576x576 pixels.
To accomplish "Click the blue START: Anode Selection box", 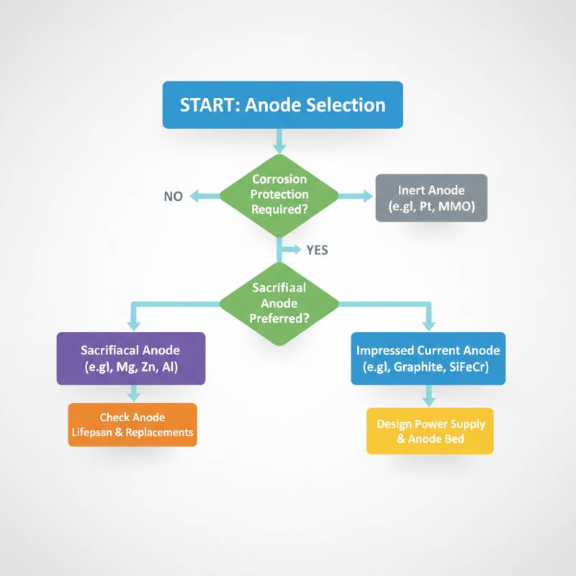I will pyautogui.click(x=282, y=105).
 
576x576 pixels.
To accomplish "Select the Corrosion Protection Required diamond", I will pyautogui.click(x=279, y=194).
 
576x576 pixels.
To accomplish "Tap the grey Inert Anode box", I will pyautogui.click(x=431, y=198).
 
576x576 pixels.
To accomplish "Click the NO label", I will pyautogui.click(x=174, y=196).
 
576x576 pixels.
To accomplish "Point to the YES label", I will pyautogui.click(x=317, y=251).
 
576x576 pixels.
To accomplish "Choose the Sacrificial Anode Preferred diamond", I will pyautogui.click(x=279, y=302).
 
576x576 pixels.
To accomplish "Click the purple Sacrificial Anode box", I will pyautogui.click(x=131, y=358).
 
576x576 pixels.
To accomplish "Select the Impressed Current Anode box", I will pyautogui.click(x=428, y=358).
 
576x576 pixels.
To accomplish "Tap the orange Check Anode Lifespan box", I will pyautogui.click(x=132, y=425).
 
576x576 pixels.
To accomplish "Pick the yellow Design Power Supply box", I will pyautogui.click(x=430, y=431).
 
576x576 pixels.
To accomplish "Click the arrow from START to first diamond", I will pyautogui.click(x=279, y=139).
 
